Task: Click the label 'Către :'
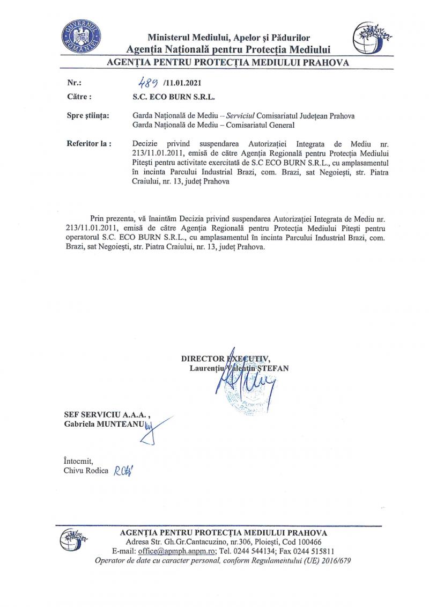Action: point(79,98)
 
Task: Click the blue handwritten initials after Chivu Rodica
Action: point(123,471)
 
